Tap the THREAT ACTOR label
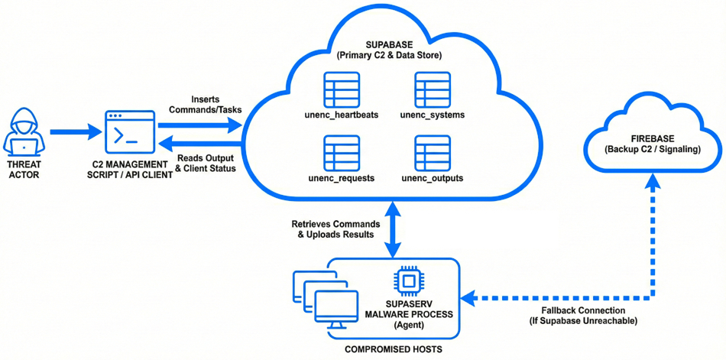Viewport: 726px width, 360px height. tap(24, 168)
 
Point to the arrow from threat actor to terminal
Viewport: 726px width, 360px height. tap(75, 132)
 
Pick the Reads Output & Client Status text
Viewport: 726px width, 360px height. tap(205, 163)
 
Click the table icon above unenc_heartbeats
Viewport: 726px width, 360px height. tap(341, 90)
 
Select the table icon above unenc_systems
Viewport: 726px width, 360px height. tap(432, 90)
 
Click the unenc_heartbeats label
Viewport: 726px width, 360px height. tap(341, 115)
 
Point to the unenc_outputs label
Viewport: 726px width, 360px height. tap(432, 179)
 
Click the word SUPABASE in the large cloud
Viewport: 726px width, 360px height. tap(389, 45)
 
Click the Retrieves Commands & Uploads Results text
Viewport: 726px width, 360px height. tap(335, 229)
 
